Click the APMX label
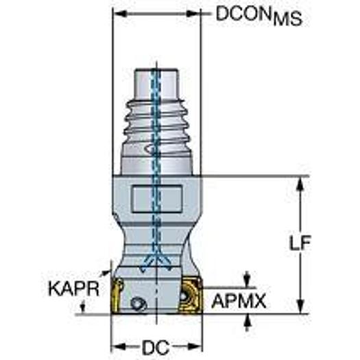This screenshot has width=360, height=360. tap(241, 300)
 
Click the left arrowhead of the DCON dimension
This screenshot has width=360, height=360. tap(117, 13)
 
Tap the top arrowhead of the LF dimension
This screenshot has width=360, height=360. tap(300, 182)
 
